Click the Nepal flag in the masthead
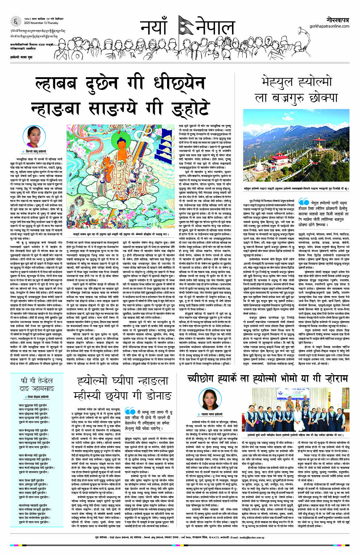click(x=185, y=26)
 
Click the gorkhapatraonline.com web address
click(x=330, y=26)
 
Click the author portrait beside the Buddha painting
click(x=31, y=136)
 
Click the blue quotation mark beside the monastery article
click(x=303, y=202)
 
